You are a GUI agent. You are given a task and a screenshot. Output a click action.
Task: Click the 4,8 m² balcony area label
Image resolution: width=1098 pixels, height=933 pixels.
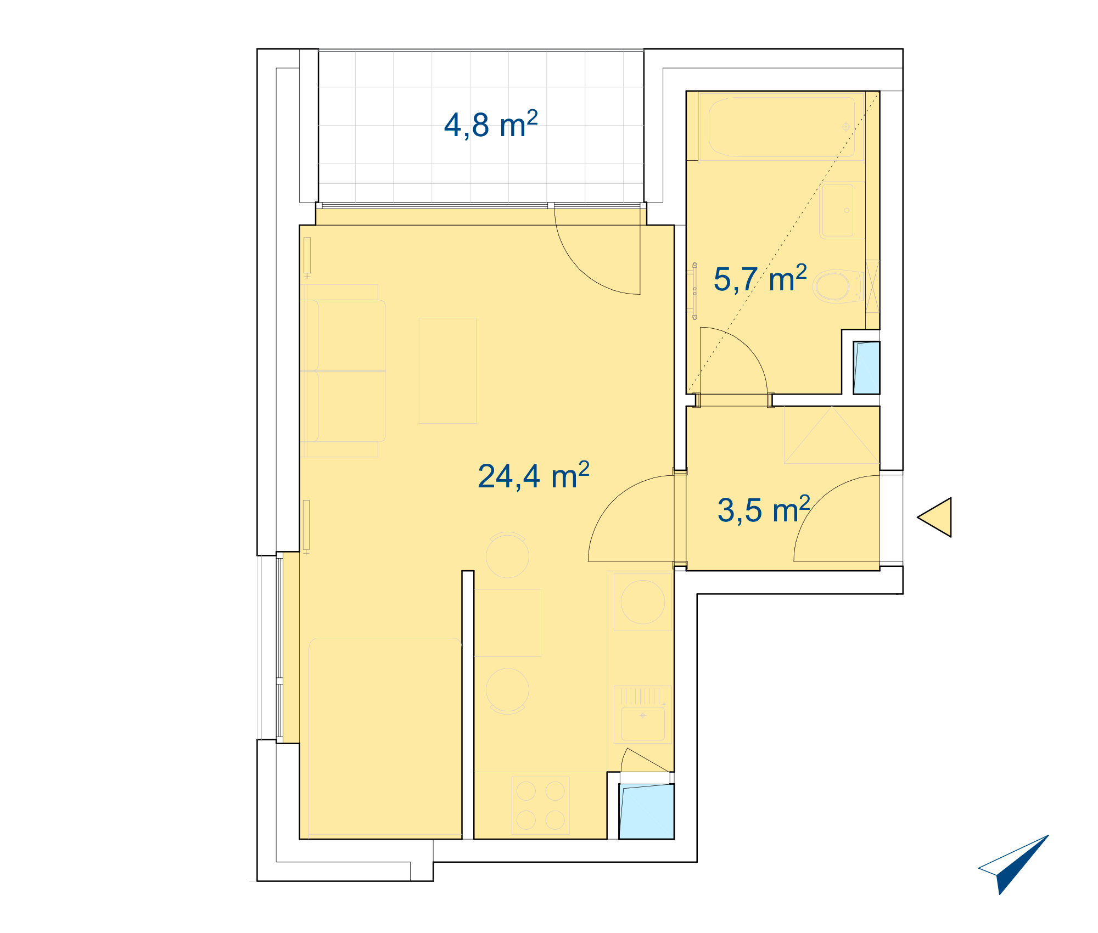pos(491,125)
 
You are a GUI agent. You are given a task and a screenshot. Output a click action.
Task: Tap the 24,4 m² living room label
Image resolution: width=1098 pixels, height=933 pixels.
pos(534,475)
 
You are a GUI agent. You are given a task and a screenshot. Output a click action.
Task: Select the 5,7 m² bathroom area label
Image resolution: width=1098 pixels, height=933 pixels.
pos(760,278)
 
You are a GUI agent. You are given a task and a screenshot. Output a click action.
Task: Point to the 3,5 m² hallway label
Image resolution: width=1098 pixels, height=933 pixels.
pos(764,509)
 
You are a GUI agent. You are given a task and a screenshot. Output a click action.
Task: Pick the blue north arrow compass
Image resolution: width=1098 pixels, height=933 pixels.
pos(1013,864)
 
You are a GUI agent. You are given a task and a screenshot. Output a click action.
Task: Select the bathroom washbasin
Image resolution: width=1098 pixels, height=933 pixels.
pos(842,210)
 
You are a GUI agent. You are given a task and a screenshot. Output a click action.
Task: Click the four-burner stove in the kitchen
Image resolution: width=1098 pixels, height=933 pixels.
pos(540,805)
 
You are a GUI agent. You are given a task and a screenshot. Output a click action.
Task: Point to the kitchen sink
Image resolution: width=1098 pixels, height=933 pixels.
pos(643,715)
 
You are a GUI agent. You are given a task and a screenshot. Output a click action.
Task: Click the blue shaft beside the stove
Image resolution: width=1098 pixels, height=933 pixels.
pos(647,811)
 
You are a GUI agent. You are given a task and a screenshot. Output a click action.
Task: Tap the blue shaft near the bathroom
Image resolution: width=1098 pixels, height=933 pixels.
pos(866,368)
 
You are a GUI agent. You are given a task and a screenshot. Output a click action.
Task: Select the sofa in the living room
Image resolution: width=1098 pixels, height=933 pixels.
pos(343,371)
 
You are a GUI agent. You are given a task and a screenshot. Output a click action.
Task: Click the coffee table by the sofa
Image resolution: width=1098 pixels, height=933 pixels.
pos(447,370)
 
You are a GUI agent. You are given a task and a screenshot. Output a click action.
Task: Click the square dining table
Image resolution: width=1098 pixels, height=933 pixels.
pos(507,623)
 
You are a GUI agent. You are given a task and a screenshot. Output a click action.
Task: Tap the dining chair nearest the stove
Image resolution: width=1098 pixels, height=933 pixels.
pos(507,690)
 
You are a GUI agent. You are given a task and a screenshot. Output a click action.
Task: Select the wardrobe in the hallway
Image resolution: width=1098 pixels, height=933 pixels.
pos(832,435)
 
